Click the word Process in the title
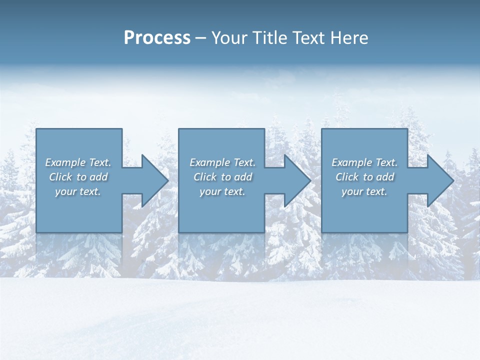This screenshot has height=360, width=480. tap(157, 38)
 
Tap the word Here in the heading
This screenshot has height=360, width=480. tap(349, 38)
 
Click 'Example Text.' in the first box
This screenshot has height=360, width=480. tap(78, 162)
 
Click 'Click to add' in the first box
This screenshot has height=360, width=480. tap(78, 177)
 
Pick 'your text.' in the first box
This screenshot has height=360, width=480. tap(78, 191)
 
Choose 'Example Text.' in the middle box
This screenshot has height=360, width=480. tap(222, 162)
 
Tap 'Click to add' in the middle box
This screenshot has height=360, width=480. tap(222, 177)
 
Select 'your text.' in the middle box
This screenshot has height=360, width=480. tap(222, 191)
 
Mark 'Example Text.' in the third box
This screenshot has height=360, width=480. tap(364, 162)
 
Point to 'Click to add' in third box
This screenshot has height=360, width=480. tap(364, 177)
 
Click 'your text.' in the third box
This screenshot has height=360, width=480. tap(364, 191)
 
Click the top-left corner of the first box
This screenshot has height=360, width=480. tap(36, 129)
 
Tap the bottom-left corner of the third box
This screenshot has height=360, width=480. tap(322, 232)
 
